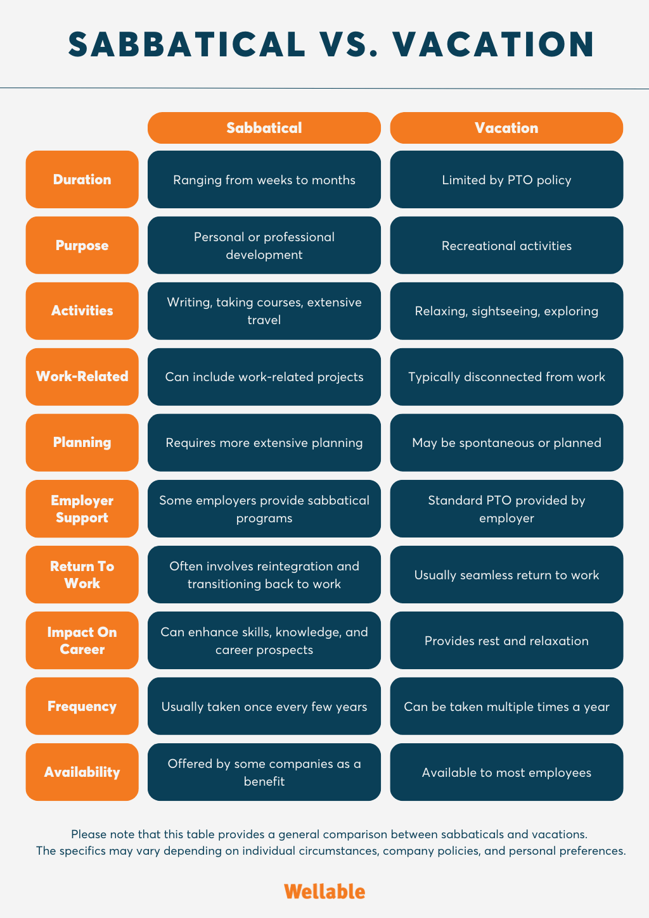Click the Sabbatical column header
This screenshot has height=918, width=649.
[x=264, y=128]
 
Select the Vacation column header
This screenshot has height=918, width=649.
[x=506, y=128]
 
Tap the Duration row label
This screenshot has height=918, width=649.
[x=82, y=180]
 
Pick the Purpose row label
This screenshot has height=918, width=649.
[x=82, y=245]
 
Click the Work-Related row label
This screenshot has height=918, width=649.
[x=82, y=377]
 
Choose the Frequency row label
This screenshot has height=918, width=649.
[x=82, y=706]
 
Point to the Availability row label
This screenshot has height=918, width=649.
[x=82, y=772]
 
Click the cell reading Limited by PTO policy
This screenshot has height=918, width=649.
[x=506, y=180]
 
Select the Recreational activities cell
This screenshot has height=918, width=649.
[x=506, y=245]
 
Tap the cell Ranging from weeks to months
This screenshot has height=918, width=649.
[x=264, y=180]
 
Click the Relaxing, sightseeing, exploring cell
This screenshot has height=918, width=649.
[x=506, y=311]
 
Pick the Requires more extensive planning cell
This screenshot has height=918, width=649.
[x=264, y=443]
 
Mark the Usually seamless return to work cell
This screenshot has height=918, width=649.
[x=506, y=575]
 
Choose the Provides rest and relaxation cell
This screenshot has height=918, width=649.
[x=506, y=641]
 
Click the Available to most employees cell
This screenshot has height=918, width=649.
[x=506, y=772]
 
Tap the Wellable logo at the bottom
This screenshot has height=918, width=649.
[x=324, y=891]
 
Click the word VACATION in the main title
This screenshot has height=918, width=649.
[x=494, y=44]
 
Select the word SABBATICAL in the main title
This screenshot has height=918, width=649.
[x=187, y=44]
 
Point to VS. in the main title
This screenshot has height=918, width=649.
[x=349, y=44]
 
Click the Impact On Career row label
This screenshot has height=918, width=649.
[x=82, y=641]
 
